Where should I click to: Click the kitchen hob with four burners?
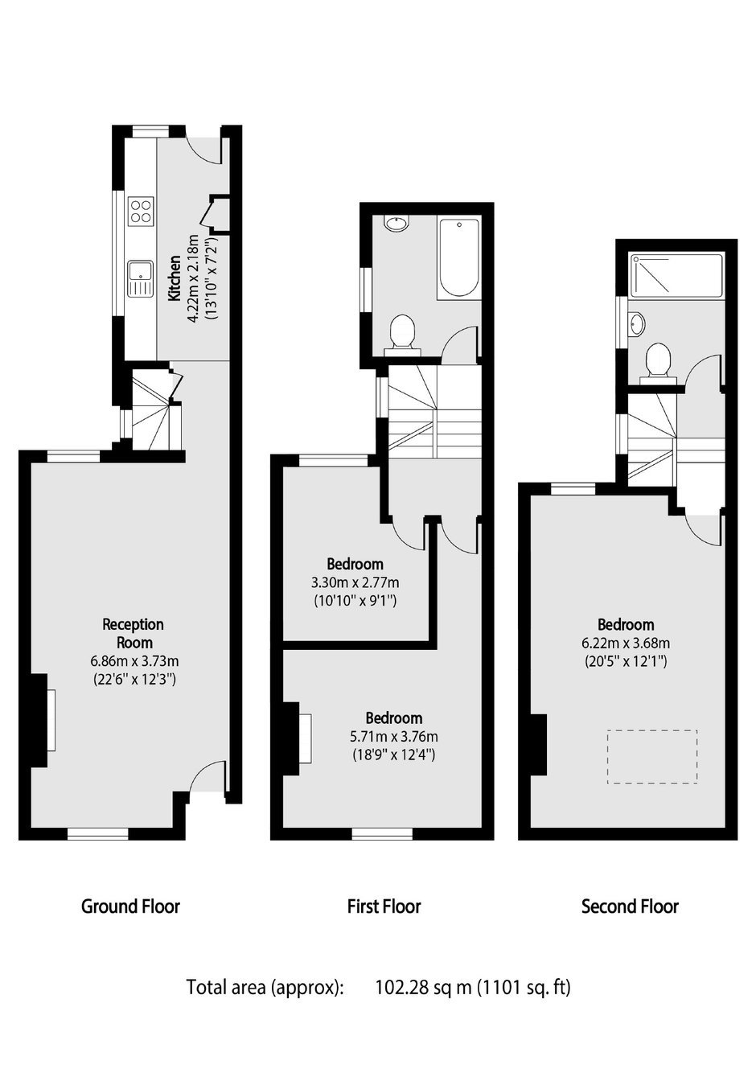coord(141,211)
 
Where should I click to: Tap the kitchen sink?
coord(140,278)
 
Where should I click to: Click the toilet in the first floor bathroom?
coord(402,335)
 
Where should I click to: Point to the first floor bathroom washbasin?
coord(396,224)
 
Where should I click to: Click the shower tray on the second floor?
coord(676,278)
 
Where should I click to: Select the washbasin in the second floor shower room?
coord(636,324)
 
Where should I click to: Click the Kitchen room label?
coord(175,278)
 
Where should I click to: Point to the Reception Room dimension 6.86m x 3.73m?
coord(134,661)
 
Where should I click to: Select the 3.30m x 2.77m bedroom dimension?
coord(355,582)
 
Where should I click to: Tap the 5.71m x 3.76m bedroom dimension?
coord(394,736)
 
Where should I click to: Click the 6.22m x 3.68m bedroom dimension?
coord(626,643)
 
